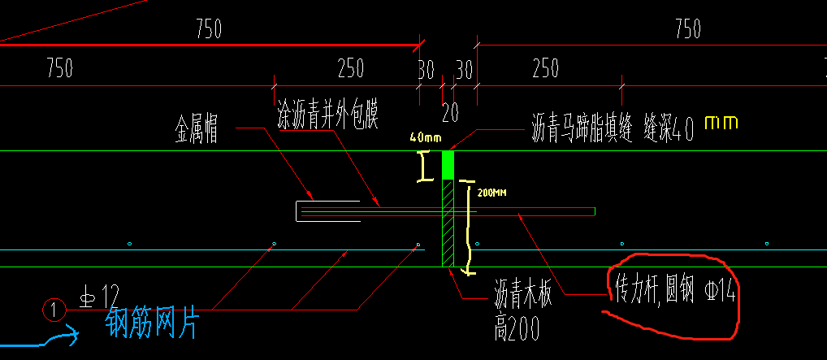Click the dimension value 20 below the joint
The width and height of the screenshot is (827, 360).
pos(450,111)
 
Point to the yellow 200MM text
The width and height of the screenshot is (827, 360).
pos(493,194)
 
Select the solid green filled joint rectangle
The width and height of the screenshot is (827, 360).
pos(448,165)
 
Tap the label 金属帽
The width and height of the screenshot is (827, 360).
pos(196,128)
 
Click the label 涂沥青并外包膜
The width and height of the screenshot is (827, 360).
pos(329,109)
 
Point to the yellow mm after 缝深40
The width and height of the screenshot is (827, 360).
pos(721,123)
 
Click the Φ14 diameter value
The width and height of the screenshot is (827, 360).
pos(721,290)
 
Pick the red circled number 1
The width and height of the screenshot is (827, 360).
pos(54,309)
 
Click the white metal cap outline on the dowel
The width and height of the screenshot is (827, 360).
pos(327,210)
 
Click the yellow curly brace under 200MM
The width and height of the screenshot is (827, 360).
pos(466,228)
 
